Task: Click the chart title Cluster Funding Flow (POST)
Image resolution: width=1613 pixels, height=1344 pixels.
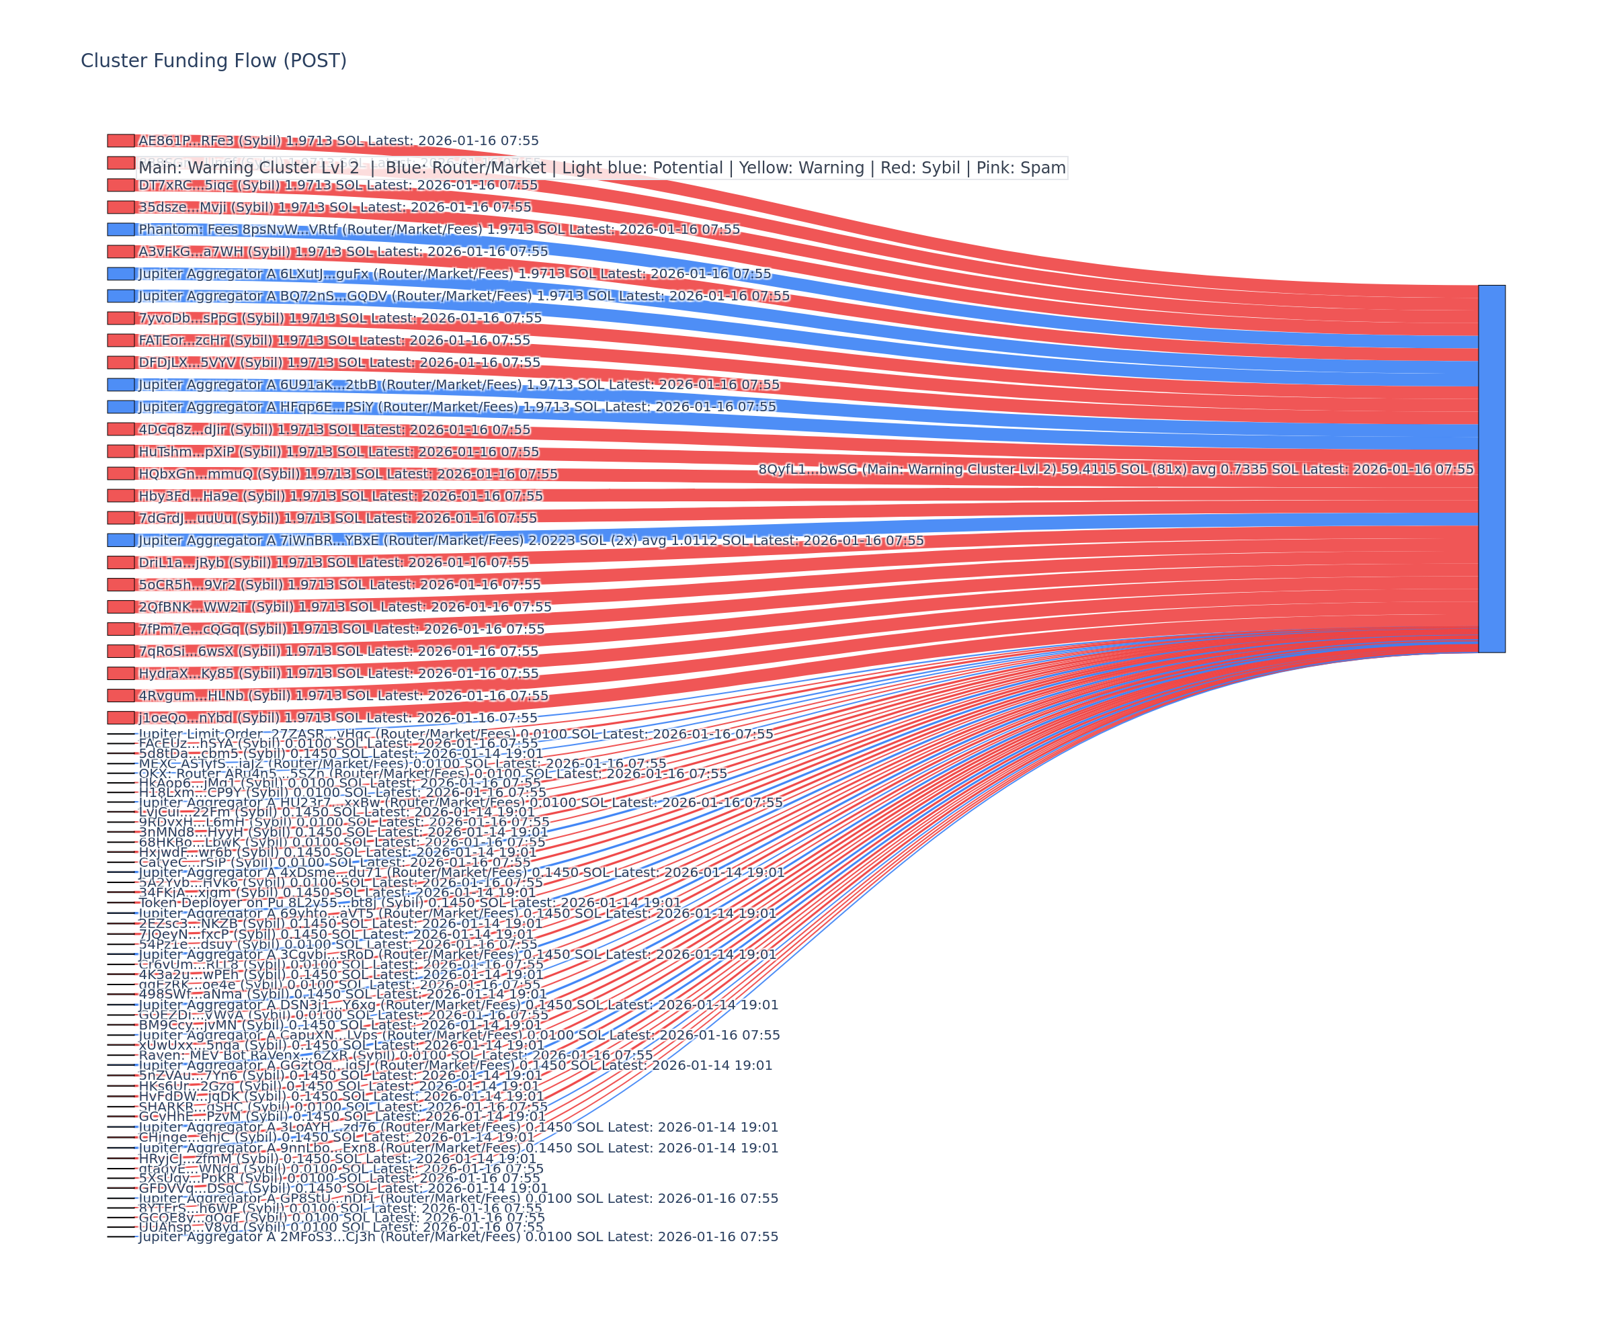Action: (214, 60)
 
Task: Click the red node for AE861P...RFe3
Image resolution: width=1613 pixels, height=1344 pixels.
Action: (120, 140)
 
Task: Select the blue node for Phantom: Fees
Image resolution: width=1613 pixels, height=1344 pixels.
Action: (120, 230)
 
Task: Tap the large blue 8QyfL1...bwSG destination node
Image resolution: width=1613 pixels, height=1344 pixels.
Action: (1491, 468)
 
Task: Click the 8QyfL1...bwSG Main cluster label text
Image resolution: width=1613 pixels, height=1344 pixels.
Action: (1115, 469)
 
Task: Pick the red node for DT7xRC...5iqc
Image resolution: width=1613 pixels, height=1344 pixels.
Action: (120, 185)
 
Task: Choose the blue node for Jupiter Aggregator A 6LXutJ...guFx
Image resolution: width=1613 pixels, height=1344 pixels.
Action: (120, 274)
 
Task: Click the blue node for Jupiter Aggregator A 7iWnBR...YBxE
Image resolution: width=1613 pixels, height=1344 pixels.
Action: (120, 541)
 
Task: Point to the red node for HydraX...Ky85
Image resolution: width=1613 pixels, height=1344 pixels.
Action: (120, 673)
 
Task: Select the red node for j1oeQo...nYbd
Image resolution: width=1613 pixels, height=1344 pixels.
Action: (120, 718)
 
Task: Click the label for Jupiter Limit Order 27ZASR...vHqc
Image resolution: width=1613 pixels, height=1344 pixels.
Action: (456, 734)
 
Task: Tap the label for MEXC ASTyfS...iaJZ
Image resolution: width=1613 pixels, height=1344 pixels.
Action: (403, 763)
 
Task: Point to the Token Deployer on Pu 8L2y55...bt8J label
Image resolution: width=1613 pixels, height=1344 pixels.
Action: (409, 903)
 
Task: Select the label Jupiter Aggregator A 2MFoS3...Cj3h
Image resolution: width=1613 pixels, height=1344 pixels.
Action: (458, 1236)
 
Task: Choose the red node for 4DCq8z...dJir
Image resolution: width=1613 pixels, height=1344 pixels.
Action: (120, 429)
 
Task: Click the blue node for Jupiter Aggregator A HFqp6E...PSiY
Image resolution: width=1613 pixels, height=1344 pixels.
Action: (120, 407)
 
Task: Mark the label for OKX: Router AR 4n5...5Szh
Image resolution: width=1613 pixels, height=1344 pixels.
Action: (432, 773)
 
